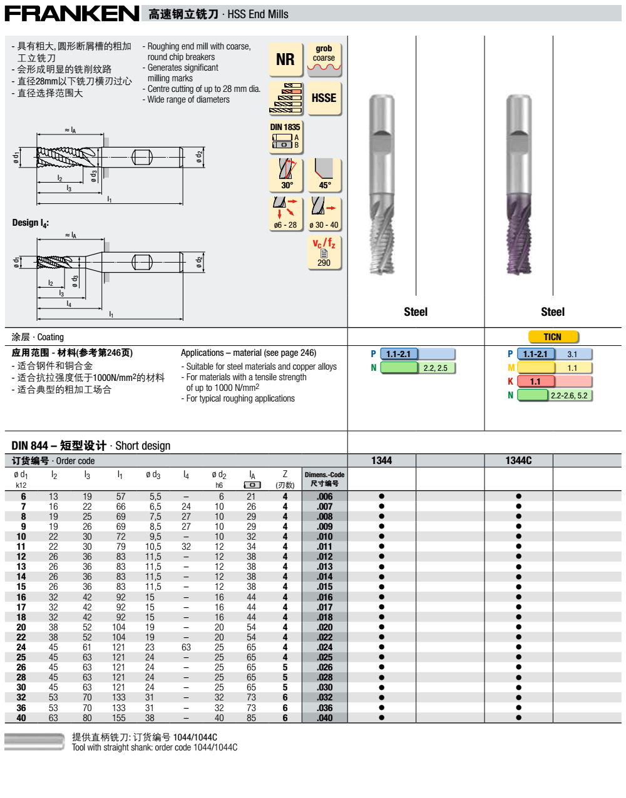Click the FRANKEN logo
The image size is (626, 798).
(x=72, y=13)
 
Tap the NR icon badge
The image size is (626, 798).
(x=285, y=59)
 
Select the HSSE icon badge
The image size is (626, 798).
(x=324, y=98)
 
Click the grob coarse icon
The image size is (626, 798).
(x=324, y=59)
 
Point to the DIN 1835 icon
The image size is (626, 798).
(x=285, y=136)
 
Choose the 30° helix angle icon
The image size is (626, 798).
(x=286, y=174)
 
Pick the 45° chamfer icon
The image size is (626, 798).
(x=324, y=174)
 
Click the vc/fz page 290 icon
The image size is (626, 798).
(x=324, y=252)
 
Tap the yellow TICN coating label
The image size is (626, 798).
(x=552, y=337)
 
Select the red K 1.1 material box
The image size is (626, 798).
(x=535, y=381)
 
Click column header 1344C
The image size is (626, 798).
(x=518, y=461)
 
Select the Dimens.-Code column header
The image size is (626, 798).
(x=324, y=479)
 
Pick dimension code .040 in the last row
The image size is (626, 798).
(x=324, y=718)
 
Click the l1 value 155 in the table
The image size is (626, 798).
(x=119, y=718)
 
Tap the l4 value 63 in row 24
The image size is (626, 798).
(x=186, y=647)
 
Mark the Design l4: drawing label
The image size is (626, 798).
(x=30, y=223)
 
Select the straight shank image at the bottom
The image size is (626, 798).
(x=34, y=742)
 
